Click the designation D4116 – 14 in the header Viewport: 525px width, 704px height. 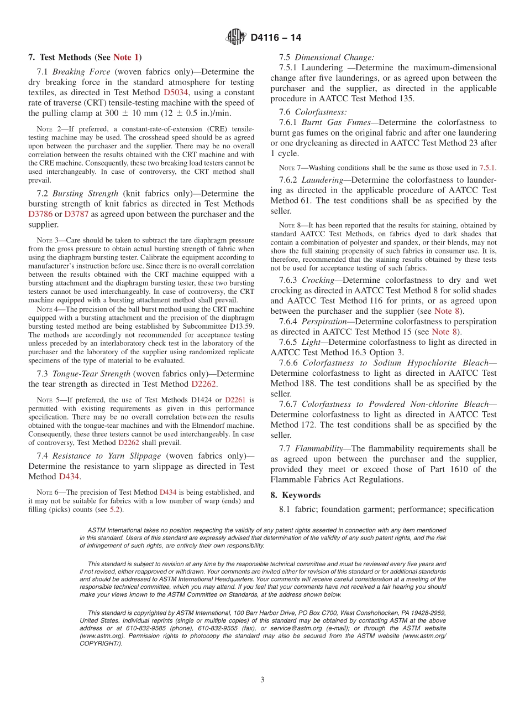coord(276,38)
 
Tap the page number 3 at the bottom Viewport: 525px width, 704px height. coord(262,680)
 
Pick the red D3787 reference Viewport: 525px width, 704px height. coord(76,214)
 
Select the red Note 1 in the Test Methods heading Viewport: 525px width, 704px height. coord(126,57)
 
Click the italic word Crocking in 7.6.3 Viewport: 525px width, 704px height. coord(318,280)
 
